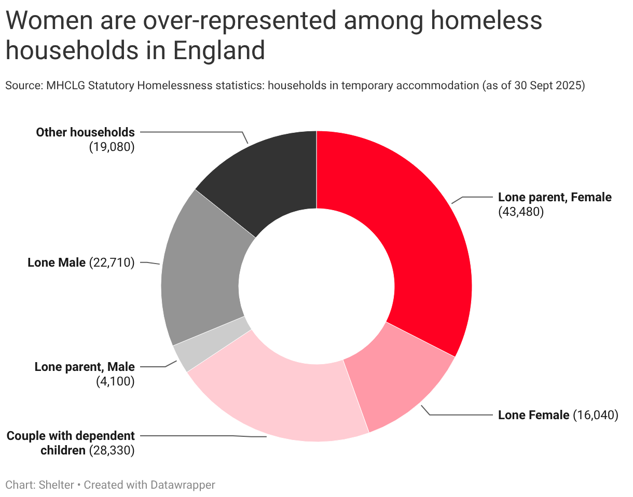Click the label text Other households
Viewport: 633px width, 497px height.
click(85, 132)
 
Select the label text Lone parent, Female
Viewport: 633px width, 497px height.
click(555, 197)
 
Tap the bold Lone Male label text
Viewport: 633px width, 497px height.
click(57, 263)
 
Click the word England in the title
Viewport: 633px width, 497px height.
click(219, 50)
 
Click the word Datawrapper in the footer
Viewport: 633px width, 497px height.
click(183, 485)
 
